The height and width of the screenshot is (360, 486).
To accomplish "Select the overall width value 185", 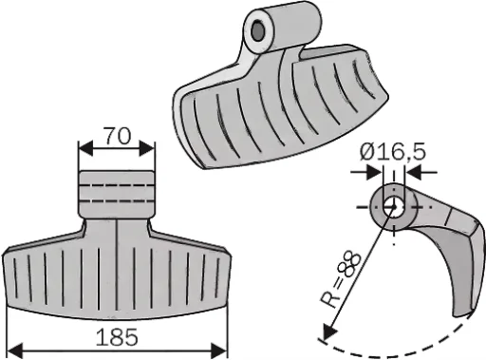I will (x=116, y=337).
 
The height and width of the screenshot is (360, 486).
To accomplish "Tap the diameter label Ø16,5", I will (x=391, y=151).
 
